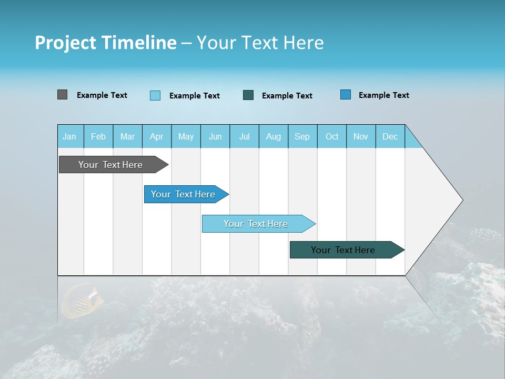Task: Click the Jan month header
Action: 70,136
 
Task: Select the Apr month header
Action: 157,136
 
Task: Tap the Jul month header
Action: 244,136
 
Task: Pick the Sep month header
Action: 302,136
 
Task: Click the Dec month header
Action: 390,136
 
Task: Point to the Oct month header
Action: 332,136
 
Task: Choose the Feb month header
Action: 98,136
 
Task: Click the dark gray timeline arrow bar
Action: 111,165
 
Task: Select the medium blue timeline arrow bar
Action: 184,194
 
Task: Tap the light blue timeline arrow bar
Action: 256,224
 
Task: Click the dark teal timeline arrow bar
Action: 344,250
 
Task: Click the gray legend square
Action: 63,95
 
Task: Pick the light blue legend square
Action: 155,95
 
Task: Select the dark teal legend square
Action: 248,95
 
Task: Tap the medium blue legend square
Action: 346,95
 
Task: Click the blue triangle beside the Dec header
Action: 412,141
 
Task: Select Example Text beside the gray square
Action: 102,95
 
